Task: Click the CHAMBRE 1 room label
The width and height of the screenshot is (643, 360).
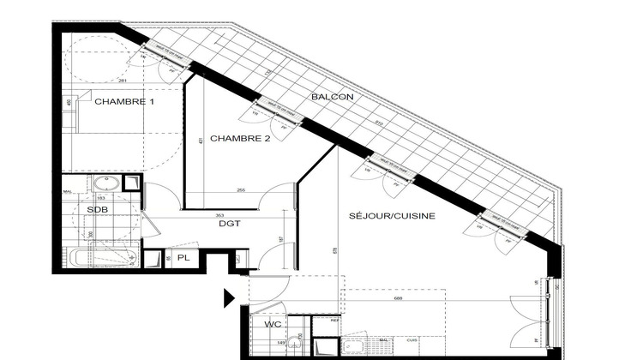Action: coord(124,102)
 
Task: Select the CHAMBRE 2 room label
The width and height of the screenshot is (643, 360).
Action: coord(240,138)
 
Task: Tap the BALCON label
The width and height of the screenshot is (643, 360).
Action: coord(334,97)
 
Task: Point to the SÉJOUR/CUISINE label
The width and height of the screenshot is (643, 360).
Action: coord(392,216)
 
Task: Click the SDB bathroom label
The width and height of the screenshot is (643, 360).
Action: coord(97,209)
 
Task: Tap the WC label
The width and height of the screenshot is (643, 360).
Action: coord(272,325)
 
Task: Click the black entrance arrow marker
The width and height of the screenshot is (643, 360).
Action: coord(229,297)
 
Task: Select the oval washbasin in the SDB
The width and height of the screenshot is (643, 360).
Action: coord(106,183)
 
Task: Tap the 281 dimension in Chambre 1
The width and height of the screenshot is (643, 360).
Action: coord(123,81)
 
